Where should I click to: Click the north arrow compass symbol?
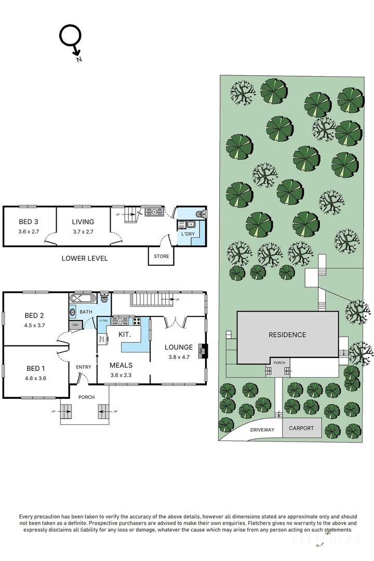(x=71, y=41)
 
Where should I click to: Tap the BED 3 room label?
(x=29, y=222)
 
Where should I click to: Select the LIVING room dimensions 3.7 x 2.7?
(x=83, y=232)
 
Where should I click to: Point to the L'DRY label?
(x=188, y=235)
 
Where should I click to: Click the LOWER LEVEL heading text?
(x=85, y=258)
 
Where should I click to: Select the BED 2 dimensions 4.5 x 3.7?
(x=34, y=325)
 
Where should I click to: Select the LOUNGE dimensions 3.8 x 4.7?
(x=179, y=357)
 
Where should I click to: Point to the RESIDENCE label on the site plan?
(x=287, y=335)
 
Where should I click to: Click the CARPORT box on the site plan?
(x=301, y=429)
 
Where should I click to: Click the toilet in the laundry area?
(x=201, y=213)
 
